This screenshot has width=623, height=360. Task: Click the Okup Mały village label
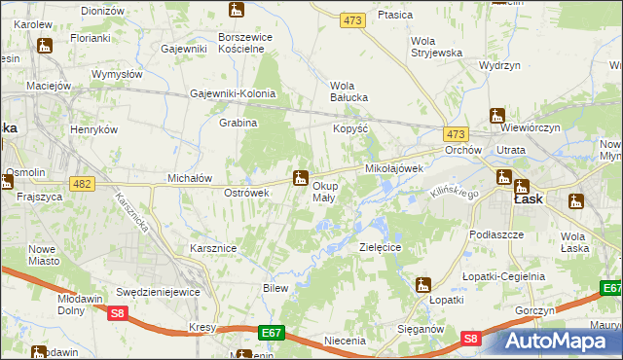(324, 191)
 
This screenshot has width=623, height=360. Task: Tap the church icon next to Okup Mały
(301, 177)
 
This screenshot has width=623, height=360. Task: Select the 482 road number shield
(82, 183)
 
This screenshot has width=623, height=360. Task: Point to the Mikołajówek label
(393, 168)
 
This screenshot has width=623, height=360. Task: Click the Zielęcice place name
(381, 248)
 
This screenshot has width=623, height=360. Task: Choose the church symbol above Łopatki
(422, 285)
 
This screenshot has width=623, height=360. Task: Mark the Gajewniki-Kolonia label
(234, 94)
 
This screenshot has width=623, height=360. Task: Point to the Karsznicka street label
(130, 208)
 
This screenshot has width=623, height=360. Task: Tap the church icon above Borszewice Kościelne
(237, 11)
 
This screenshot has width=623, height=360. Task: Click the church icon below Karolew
(44, 45)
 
